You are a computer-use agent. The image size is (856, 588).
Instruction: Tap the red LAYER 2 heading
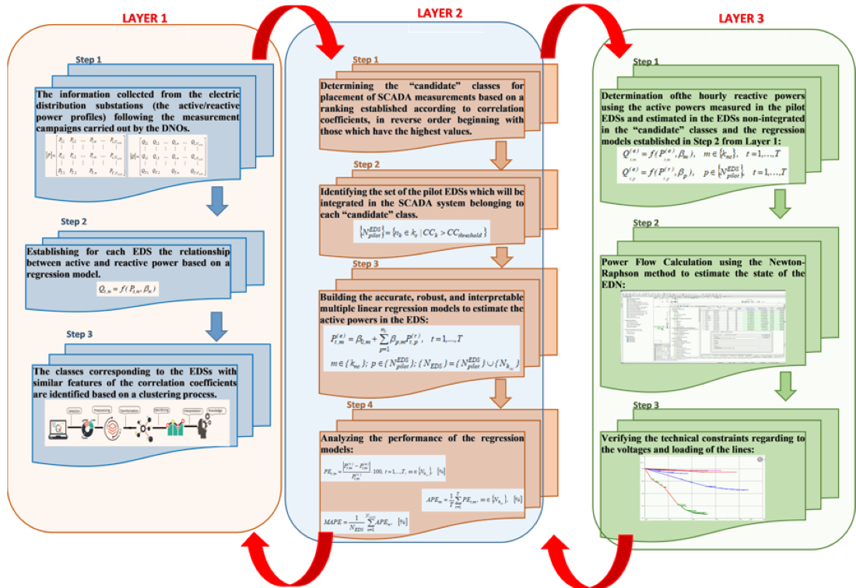point(440,13)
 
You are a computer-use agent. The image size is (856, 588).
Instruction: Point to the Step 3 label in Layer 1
point(79,334)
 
